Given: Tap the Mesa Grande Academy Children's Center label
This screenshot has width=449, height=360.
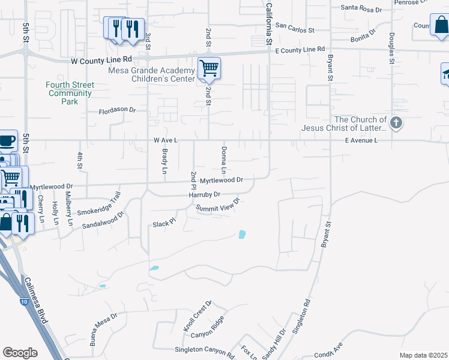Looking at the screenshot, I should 151,74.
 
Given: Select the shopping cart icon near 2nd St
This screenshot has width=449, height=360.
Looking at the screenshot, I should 209,68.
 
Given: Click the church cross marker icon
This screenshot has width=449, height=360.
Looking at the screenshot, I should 396,124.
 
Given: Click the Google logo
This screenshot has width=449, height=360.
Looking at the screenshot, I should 20,353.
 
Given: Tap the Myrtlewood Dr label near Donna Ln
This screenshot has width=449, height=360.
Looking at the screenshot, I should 221,180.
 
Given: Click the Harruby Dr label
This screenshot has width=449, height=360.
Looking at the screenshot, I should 205,195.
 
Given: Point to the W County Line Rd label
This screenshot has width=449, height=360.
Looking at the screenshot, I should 101,61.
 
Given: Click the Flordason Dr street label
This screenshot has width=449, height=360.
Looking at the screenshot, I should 118,111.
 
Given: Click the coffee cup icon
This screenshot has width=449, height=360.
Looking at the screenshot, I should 7,140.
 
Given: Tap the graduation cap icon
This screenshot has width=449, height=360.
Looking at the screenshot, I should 445,74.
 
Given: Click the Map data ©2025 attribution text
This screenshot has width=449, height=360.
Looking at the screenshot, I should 423,355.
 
